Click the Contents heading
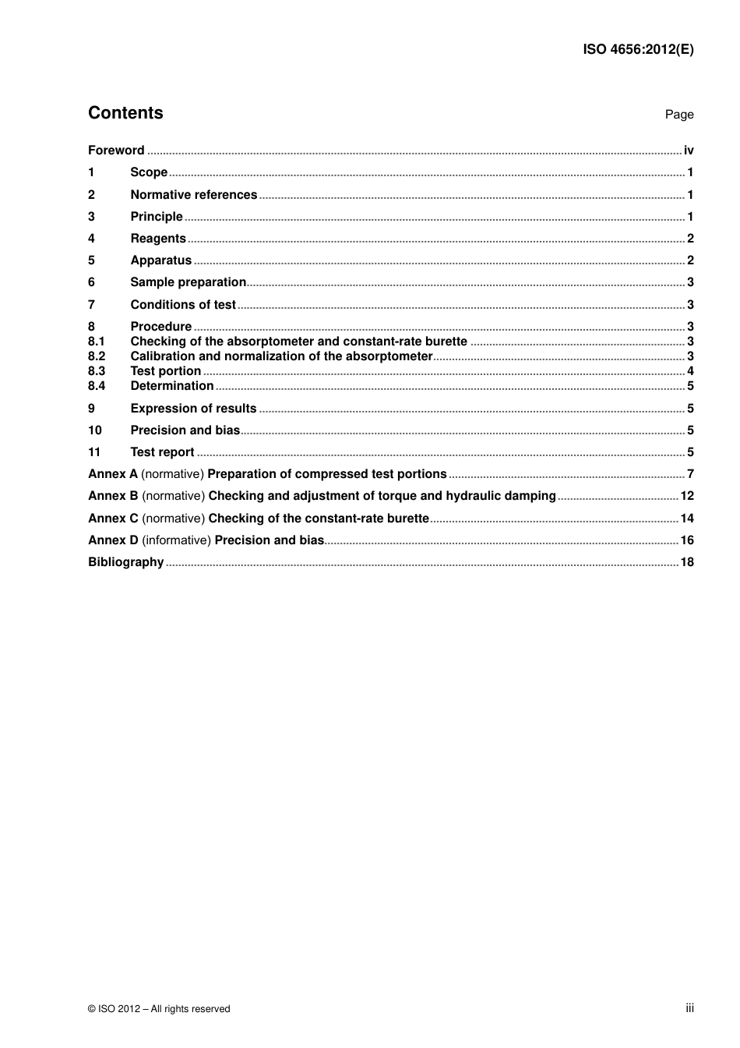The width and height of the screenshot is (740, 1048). click(125, 113)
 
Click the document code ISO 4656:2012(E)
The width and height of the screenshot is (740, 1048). click(638, 49)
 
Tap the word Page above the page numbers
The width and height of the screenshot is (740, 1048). click(678, 115)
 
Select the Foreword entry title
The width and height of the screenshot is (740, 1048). click(116, 150)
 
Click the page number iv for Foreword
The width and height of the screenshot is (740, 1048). click(688, 150)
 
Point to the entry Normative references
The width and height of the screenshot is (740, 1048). click(193, 195)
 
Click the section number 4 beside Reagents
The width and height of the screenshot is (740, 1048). click(91, 239)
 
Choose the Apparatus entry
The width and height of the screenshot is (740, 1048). click(160, 260)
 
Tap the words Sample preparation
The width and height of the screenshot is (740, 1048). click(188, 282)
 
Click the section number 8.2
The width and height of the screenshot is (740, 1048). click(96, 356)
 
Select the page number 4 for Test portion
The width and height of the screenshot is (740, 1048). click(690, 371)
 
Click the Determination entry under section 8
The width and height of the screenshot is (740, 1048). click(171, 386)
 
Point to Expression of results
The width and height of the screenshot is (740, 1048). click(193, 409)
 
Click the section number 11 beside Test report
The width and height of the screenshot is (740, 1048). click(94, 452)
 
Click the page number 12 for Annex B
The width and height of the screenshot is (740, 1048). click(686, 496)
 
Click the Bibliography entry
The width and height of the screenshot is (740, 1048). click(125, 562)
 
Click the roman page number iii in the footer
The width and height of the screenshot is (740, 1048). click(689, 1008)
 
